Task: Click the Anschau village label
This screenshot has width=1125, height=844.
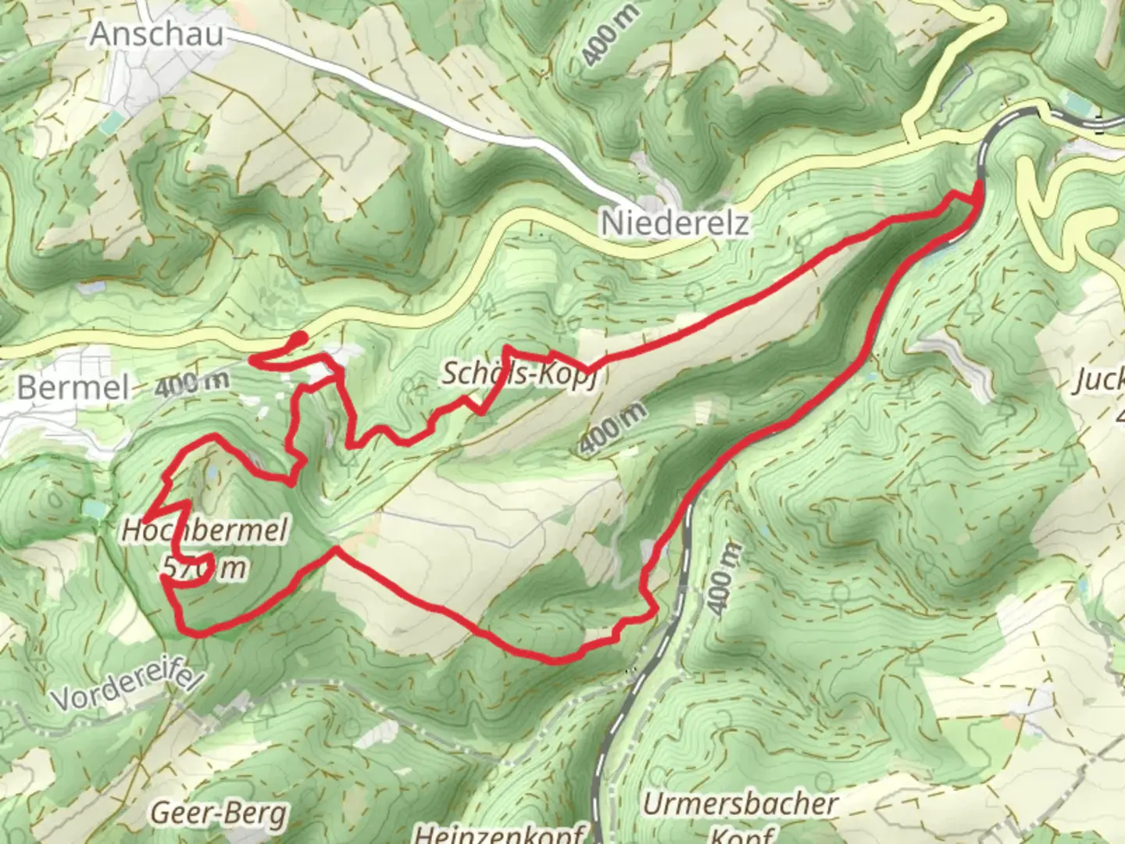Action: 157,34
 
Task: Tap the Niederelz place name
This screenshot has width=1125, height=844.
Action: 674,224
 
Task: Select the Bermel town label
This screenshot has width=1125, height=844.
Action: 73,388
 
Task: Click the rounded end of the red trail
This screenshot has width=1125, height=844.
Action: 301,338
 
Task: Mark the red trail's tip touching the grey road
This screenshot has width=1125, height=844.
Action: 977,188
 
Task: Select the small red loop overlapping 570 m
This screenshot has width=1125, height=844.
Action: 202,569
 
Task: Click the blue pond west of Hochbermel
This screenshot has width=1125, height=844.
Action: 93,510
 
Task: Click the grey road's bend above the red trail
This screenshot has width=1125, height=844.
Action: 992,130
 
